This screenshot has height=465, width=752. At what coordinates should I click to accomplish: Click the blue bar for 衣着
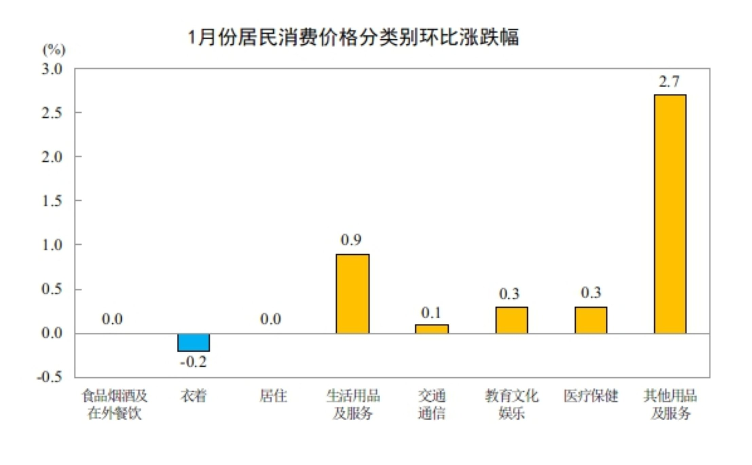click(x=194, y=342)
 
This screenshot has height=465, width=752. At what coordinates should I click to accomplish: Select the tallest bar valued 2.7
click(x=670, y=214)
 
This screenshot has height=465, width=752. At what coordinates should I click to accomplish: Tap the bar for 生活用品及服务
click(x=352, y=294)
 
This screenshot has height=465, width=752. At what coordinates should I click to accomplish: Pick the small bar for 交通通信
click(x=432, y=329)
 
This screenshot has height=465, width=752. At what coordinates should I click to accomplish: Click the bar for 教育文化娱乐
click(x=511, y=320)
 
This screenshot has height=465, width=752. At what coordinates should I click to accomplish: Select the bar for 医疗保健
click(x=591, y=320)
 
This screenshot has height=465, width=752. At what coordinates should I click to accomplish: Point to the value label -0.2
click(x=193, y=362)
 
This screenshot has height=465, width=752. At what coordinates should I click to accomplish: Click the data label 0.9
click(x=351, y=240)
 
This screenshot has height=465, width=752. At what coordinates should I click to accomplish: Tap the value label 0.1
click(x=431, y=313)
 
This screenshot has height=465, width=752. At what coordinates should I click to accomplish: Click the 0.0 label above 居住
click(x=271, y=319)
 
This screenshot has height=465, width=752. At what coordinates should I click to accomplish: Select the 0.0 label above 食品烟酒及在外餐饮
click(x=112, y=319)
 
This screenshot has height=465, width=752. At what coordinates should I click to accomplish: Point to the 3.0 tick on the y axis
click(x=52, y=69)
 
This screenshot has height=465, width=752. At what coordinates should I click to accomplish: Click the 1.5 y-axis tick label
click(x=52, y=201)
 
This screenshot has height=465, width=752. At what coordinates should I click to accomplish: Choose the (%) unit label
click(x=54, y=50)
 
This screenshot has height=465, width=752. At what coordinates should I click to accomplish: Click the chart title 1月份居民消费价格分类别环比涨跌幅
click(x=353, y=37)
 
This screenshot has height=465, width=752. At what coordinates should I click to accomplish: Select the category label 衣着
click(x=193, y=396)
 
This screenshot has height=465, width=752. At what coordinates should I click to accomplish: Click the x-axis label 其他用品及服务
click(x=670, y=404)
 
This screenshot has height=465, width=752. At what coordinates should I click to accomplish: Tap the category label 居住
click(x=273, y=396)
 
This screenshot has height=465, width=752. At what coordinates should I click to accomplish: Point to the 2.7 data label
click(x=669, y=81)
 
